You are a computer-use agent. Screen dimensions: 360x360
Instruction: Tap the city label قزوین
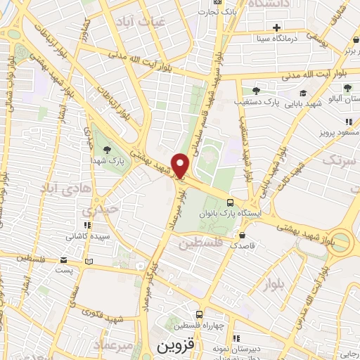174,347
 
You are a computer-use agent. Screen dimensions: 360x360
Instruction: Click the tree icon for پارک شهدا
107,149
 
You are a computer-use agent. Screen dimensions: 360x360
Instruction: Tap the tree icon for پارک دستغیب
256,91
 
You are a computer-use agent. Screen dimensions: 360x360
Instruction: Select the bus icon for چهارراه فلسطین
200,314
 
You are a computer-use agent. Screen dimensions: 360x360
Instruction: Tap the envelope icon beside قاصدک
243,236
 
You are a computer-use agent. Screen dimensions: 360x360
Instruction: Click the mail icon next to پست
89,262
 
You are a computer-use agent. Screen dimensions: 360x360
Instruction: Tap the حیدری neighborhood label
96,210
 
